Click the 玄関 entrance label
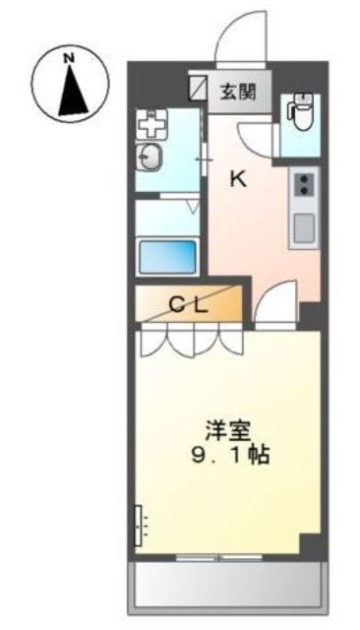[x=237, y=94]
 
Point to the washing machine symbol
[x=153, y=123]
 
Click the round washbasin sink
[x=150, y=155]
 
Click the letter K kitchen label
[x=238, y=178]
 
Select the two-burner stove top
[x=304, y=183]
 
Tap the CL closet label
[x=188, y=305]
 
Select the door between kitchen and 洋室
[x=276, y=305]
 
